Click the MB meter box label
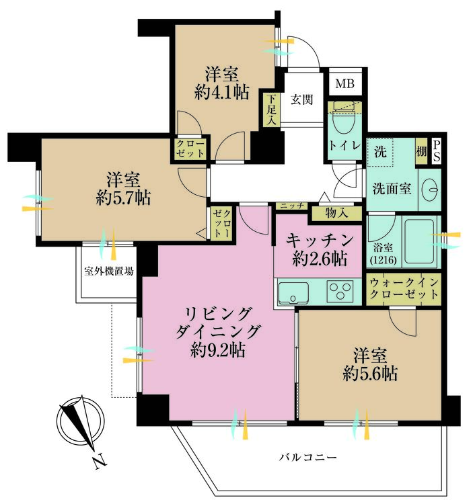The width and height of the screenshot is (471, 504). [x=345, y=84]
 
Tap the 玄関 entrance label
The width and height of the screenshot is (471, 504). [x=301, y=99]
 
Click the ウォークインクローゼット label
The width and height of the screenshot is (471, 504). [x=404, y=289]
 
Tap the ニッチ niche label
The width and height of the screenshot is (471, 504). [x=291, y=205]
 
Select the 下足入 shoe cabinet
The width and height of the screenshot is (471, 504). [x=270, y=110]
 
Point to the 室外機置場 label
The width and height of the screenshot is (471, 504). [x=108, y=272]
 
